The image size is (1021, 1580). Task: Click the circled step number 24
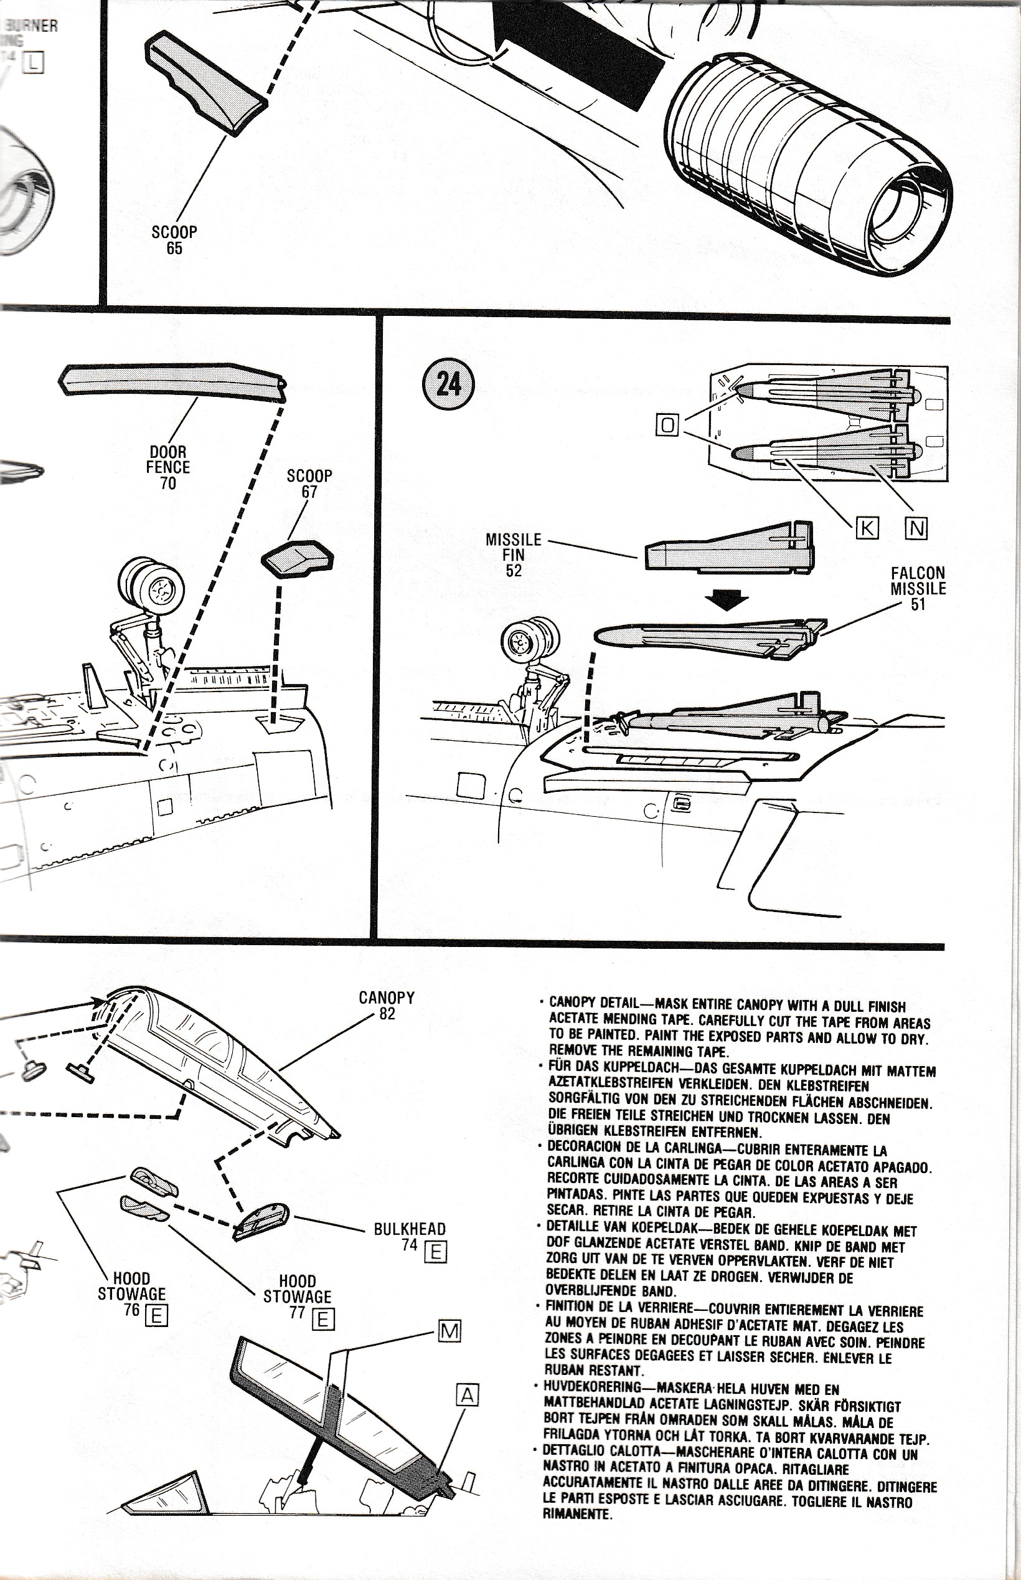point(448,383)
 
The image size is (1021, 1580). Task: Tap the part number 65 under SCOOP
point(174,248)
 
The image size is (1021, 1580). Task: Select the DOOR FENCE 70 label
point(168,467)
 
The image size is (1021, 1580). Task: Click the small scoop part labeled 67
point(298,558)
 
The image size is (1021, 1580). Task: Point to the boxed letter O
point(667,424)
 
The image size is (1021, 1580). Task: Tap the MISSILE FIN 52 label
point(513,554)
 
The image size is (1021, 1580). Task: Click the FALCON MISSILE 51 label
point(918,588)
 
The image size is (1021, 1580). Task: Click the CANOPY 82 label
point(387,1005)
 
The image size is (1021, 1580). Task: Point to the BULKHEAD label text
point(410,1229)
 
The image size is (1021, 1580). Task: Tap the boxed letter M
point(449,1331)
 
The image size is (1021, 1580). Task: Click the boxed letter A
point(468,1396)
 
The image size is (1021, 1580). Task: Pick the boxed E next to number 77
point(322,1320)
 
